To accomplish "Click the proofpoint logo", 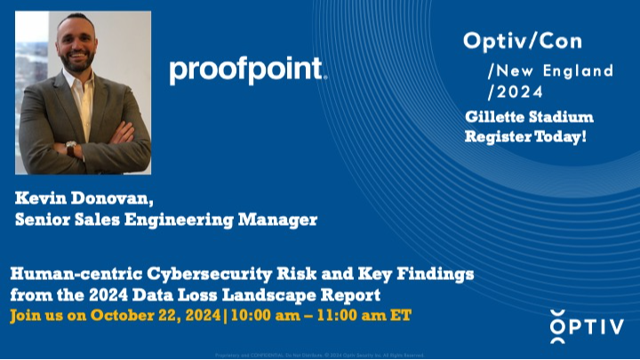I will [248, 70].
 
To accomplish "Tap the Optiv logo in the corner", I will [587, 327].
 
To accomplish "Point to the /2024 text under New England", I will [515, 91].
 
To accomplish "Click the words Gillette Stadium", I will [529, 117].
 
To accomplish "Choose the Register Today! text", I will [525, 137].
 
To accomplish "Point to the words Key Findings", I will [415, 275].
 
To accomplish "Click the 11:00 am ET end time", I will [364, 315].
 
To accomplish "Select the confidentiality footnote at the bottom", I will [320, 354].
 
